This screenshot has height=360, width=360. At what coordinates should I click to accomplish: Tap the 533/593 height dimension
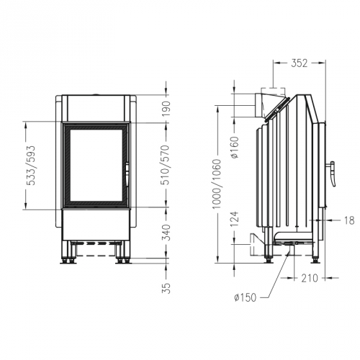[30, 167]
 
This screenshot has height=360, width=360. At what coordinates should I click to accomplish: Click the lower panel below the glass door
[96, 224]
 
